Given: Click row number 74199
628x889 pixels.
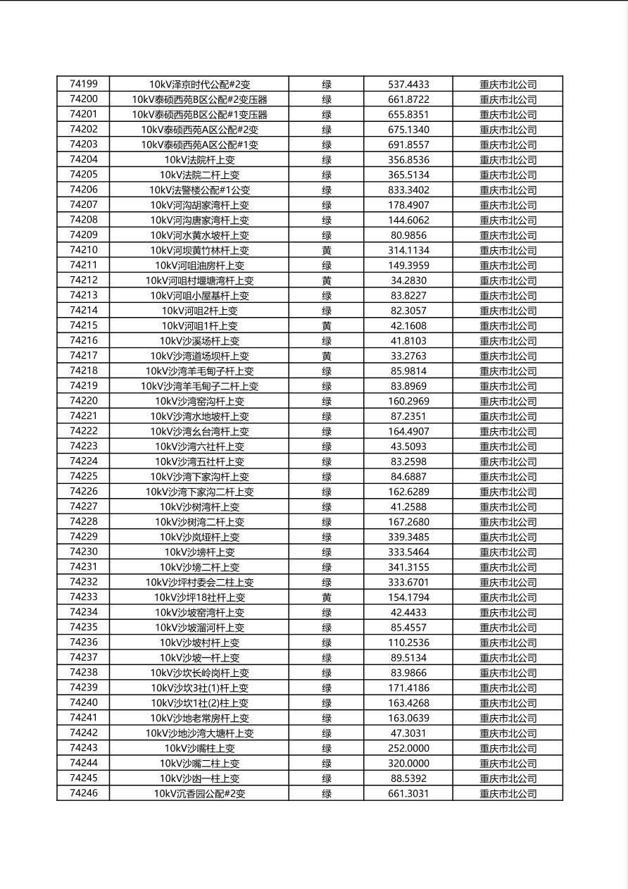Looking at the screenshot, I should point(84,85).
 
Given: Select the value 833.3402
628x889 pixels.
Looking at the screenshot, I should point(408,190).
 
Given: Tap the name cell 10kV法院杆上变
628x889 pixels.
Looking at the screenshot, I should point(199,160).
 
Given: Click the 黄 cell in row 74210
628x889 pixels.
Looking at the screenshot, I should point(327,250).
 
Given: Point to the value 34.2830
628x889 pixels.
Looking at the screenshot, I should point(408,280).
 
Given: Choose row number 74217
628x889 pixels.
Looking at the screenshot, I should point(84,356).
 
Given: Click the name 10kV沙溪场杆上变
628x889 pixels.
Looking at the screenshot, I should point(199,341).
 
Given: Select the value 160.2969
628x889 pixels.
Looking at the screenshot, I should point(408,402).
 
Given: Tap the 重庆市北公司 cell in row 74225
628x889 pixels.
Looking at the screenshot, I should point(508,477).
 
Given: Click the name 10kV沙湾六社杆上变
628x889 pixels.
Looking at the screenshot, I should point(199,447).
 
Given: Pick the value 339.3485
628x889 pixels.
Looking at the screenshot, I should point(408,537).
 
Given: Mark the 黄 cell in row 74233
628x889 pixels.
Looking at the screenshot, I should point(327,597).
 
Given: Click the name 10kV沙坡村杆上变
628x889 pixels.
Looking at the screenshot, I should point(199,642).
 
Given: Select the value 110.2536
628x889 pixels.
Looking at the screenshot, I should point(408,642).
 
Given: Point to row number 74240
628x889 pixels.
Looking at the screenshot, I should point(84,702).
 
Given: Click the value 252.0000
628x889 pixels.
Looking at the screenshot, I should point(408,748).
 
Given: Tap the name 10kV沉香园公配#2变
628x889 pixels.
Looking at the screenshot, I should point(199,793).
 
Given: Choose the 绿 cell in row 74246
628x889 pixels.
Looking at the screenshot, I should point(327,793).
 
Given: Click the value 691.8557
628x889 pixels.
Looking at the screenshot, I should point(408,145).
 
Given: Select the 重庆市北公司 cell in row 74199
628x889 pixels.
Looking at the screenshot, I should point(508,85).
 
